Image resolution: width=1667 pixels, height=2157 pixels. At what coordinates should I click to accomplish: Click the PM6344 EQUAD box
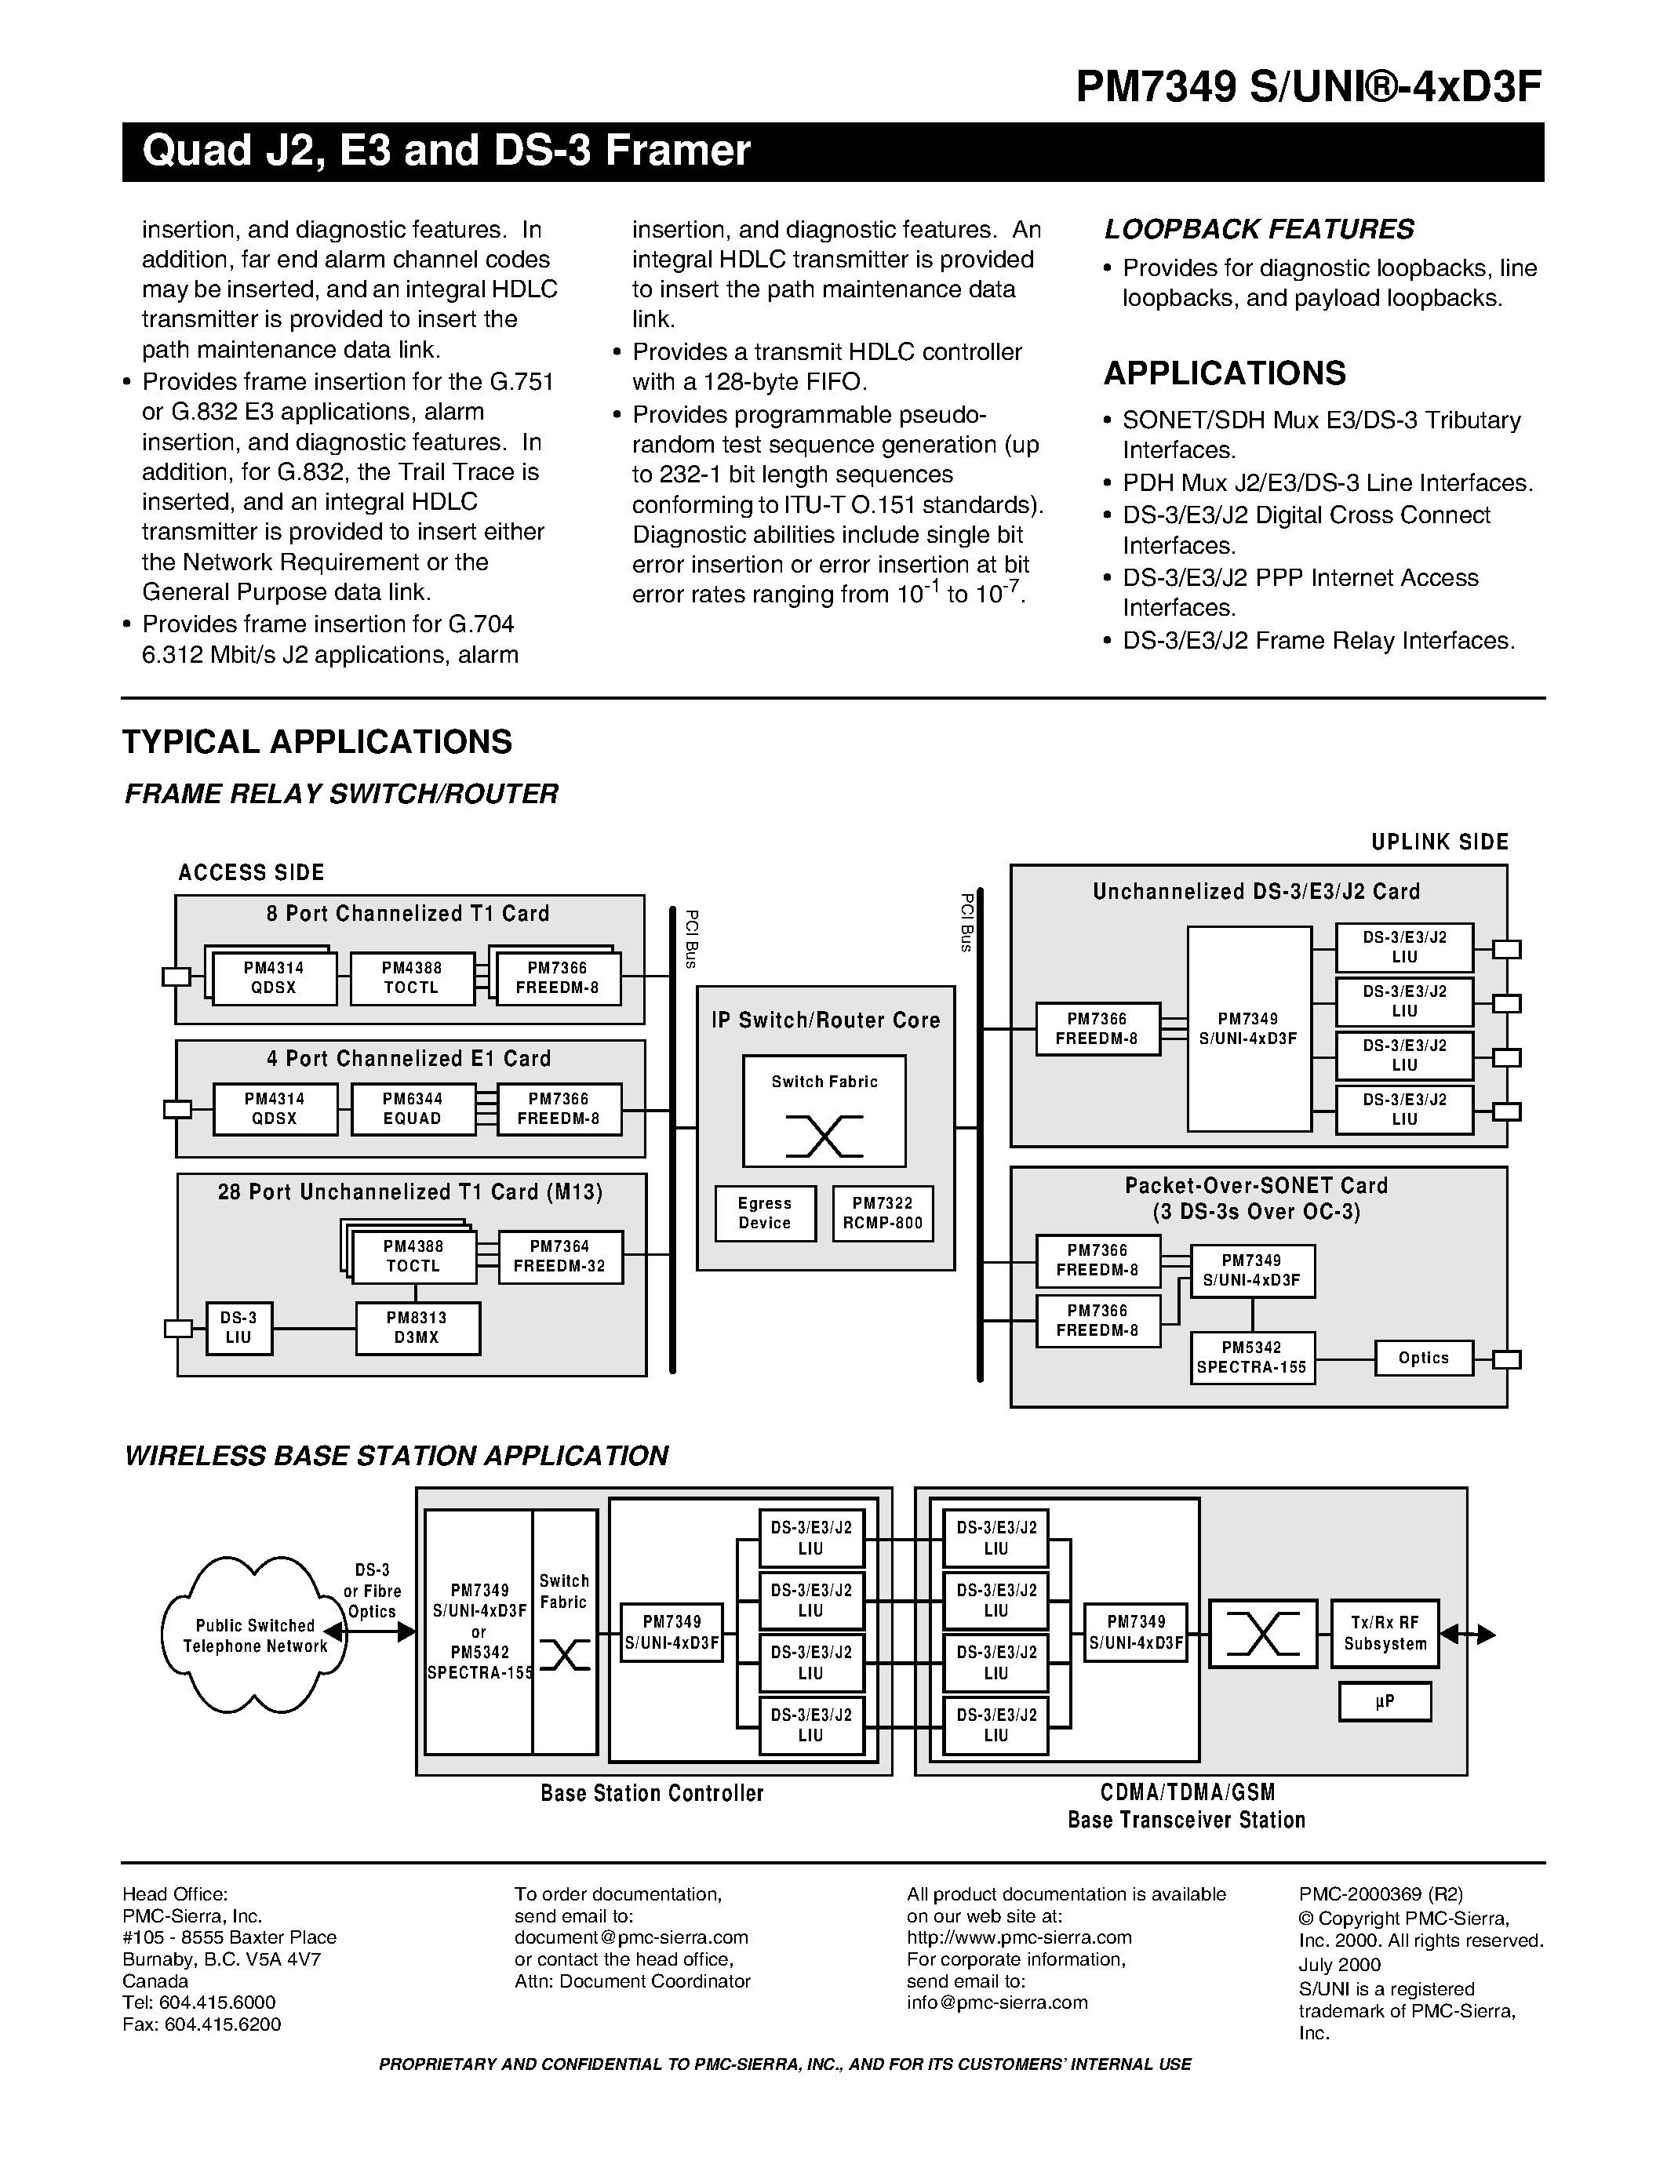point(413,1108)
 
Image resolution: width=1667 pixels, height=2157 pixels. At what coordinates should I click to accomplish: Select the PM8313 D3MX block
point(418,1327)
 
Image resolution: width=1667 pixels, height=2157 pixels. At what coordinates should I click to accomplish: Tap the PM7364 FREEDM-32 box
point(560,1257)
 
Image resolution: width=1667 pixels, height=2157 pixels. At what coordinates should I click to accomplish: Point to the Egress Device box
point(766,1213)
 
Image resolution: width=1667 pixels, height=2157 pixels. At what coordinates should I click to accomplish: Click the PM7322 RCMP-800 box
point(883,1213)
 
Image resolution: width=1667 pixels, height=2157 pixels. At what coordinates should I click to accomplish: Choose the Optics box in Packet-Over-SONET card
point(1423,1358)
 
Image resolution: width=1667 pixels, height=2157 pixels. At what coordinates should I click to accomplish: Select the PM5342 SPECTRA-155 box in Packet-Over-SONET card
point(1252,1358)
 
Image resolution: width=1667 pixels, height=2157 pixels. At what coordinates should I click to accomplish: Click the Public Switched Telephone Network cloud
point(255,1635)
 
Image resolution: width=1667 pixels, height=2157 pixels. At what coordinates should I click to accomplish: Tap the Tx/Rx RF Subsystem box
point(1385,1635)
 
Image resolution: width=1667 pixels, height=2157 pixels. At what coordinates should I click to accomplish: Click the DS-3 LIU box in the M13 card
point(238,1327)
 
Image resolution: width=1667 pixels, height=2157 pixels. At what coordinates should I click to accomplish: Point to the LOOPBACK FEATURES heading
point(1259,229)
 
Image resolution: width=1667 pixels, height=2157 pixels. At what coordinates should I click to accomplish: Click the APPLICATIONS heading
point(1225,373)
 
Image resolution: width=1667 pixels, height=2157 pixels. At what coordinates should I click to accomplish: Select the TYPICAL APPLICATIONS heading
point(317,742)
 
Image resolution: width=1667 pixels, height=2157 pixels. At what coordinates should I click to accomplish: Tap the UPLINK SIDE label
point(1440,842)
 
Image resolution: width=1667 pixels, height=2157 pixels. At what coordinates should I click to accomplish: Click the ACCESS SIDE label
point(251,872)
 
